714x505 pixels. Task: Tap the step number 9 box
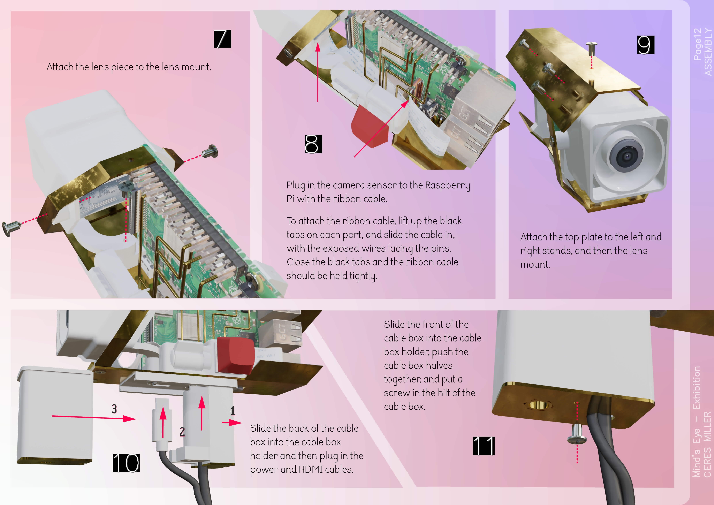tap(646, 45)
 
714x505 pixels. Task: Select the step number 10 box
tap(126, 462)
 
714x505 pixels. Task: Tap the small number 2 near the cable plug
tap(182, 432)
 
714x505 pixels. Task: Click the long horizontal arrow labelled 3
tap(93, 417)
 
